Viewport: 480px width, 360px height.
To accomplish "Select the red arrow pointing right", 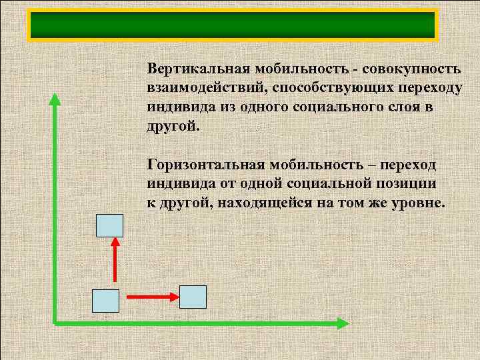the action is tap(151, 295).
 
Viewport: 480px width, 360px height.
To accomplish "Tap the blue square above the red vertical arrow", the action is tap(110, 225).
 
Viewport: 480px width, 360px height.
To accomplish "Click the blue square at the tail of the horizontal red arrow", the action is tap(105, 301).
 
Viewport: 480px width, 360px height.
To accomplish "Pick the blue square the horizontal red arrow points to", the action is tap(193, 297).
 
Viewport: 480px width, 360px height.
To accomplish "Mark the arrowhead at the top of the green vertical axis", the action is tap(55, 100).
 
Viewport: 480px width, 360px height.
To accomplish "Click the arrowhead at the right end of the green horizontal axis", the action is tap(341, 323).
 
